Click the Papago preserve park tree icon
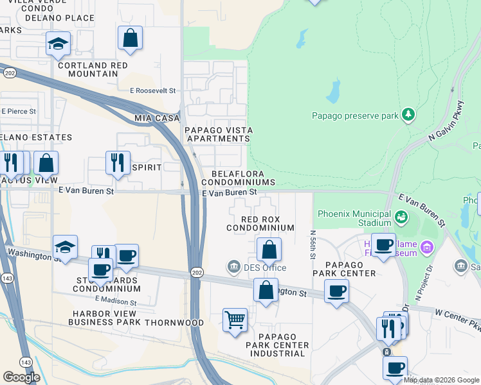407,115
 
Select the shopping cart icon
235,319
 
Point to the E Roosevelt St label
153,91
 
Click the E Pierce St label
18,111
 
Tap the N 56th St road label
313,245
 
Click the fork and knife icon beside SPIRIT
118,163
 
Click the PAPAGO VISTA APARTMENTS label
219,134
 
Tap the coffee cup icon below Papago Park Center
336,291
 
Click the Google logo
21,377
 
